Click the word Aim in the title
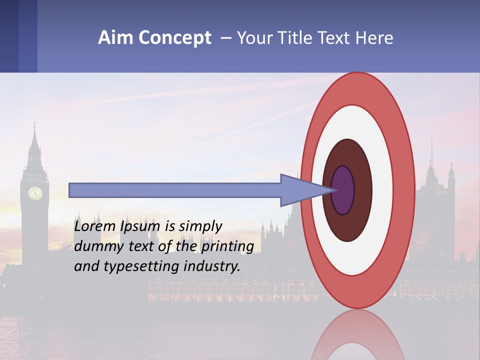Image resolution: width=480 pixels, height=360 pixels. [115, 38]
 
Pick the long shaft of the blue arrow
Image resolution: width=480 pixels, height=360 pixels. [175, 190]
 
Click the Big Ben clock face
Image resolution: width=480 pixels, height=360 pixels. [35, 193]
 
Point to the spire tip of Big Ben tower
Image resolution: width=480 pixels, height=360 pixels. [34, 122]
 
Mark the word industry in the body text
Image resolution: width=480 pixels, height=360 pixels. [212, 266]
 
